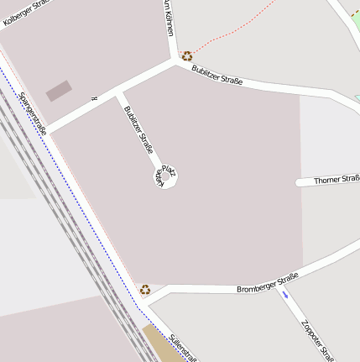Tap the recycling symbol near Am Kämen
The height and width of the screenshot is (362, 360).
point(186,56)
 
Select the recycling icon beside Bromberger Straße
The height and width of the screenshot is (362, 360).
point(145,289)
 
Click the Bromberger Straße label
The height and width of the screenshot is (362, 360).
point(267,284)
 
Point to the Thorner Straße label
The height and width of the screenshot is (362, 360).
point(336,180)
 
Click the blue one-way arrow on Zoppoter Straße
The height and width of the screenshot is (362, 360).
point(285,295)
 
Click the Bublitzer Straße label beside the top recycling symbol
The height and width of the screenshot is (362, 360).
point(217,75)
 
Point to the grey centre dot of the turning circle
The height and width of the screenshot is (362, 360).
point(165,177)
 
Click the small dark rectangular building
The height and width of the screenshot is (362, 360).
point(58,91)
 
